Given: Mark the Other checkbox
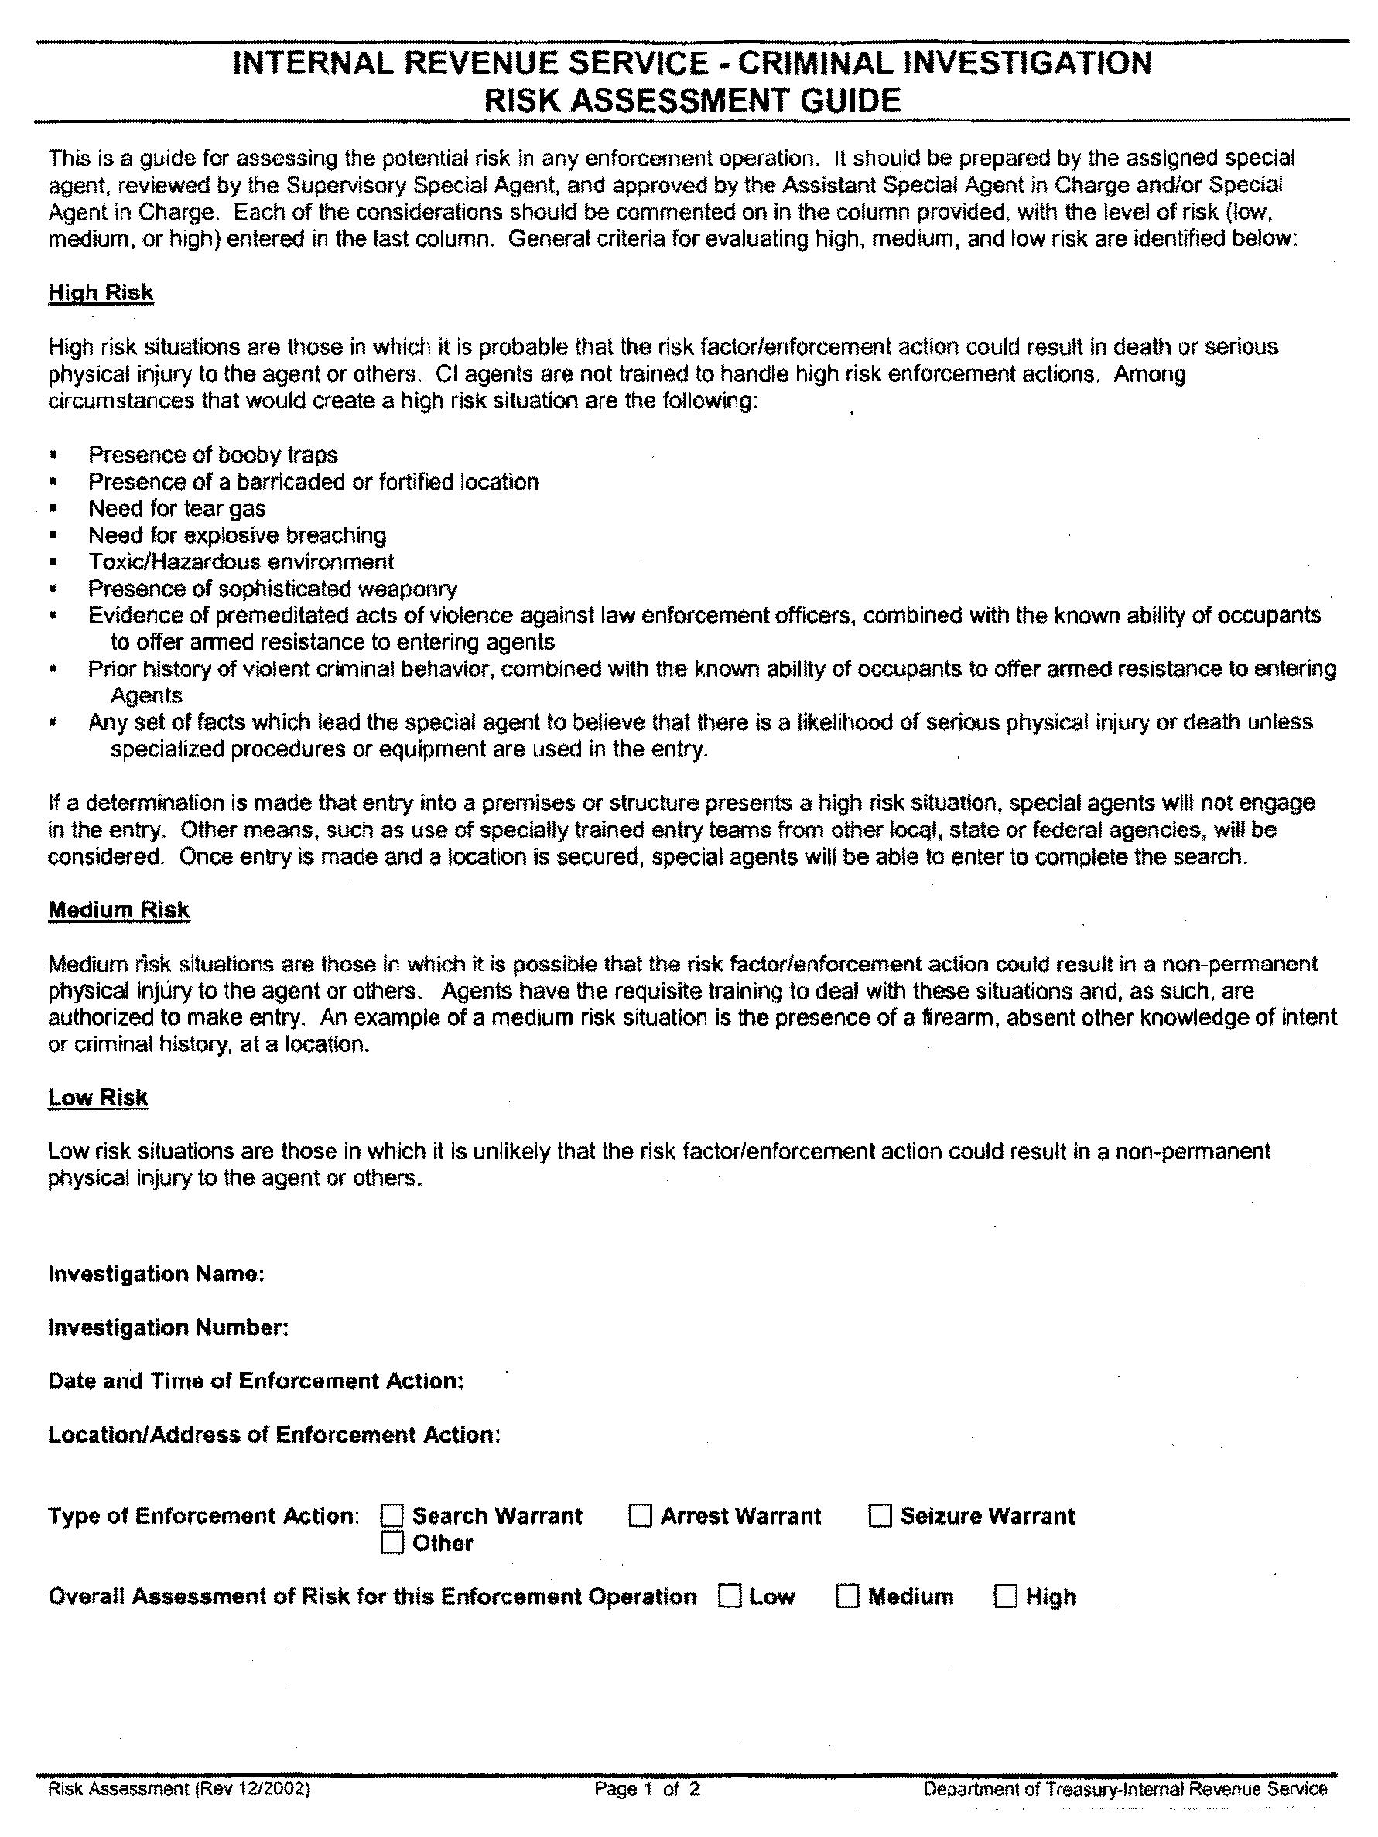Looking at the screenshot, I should coord(392,1543).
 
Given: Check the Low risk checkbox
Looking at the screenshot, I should coord(730,1596).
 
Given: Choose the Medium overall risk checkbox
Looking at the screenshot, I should coord(847,1596).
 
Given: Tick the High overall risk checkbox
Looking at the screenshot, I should coord(1005,1596).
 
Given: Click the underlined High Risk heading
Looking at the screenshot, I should coord(101,292).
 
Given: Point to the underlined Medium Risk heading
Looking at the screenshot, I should coord(119,910).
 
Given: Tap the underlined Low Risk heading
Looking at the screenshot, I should coord(98,1097).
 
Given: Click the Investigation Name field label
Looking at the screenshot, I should coord(156,1274).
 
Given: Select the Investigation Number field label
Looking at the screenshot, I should coord(169,1327).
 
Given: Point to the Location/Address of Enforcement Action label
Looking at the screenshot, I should coord(274,1434).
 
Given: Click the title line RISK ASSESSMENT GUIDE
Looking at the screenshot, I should coord(692,101).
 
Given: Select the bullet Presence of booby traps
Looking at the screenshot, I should coord(213,455).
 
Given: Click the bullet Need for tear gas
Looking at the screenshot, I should coord(177,508).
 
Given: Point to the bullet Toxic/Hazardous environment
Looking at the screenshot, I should coord(241,562).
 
